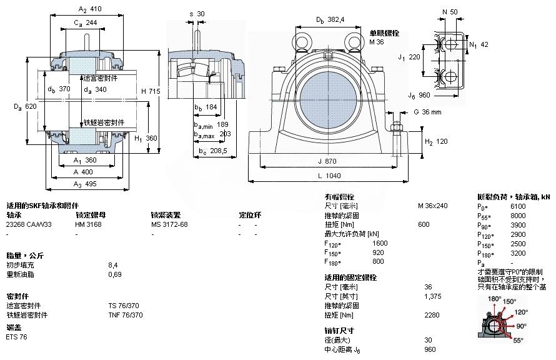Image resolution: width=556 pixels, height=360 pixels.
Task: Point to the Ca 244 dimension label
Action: click(x=86, y=22)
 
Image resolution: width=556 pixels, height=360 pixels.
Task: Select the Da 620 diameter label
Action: click(x=27, y=107)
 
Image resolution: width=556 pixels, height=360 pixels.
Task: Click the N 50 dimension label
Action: click(x=449, y=12)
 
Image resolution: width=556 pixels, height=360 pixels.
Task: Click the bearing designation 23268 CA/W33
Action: click(x=29, y=224)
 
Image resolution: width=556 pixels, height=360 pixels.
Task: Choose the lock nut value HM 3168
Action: click(x=88, y=224)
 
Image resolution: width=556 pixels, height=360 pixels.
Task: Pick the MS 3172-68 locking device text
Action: click(x=169, y=224)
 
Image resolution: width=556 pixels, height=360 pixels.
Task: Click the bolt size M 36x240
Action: click(x=432, y=206)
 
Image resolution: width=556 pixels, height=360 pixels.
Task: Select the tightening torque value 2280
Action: click(x=432, y=314)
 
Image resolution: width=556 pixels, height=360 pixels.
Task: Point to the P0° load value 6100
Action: click(x=519, y=206)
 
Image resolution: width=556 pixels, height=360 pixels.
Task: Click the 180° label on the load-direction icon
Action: click(x=494, y=299)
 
